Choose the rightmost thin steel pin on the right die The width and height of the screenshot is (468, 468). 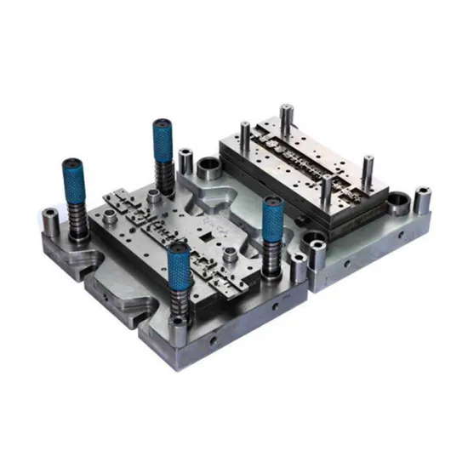click(x=367, y=169)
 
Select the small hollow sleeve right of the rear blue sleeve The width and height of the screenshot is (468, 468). click(x=185, y=159)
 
